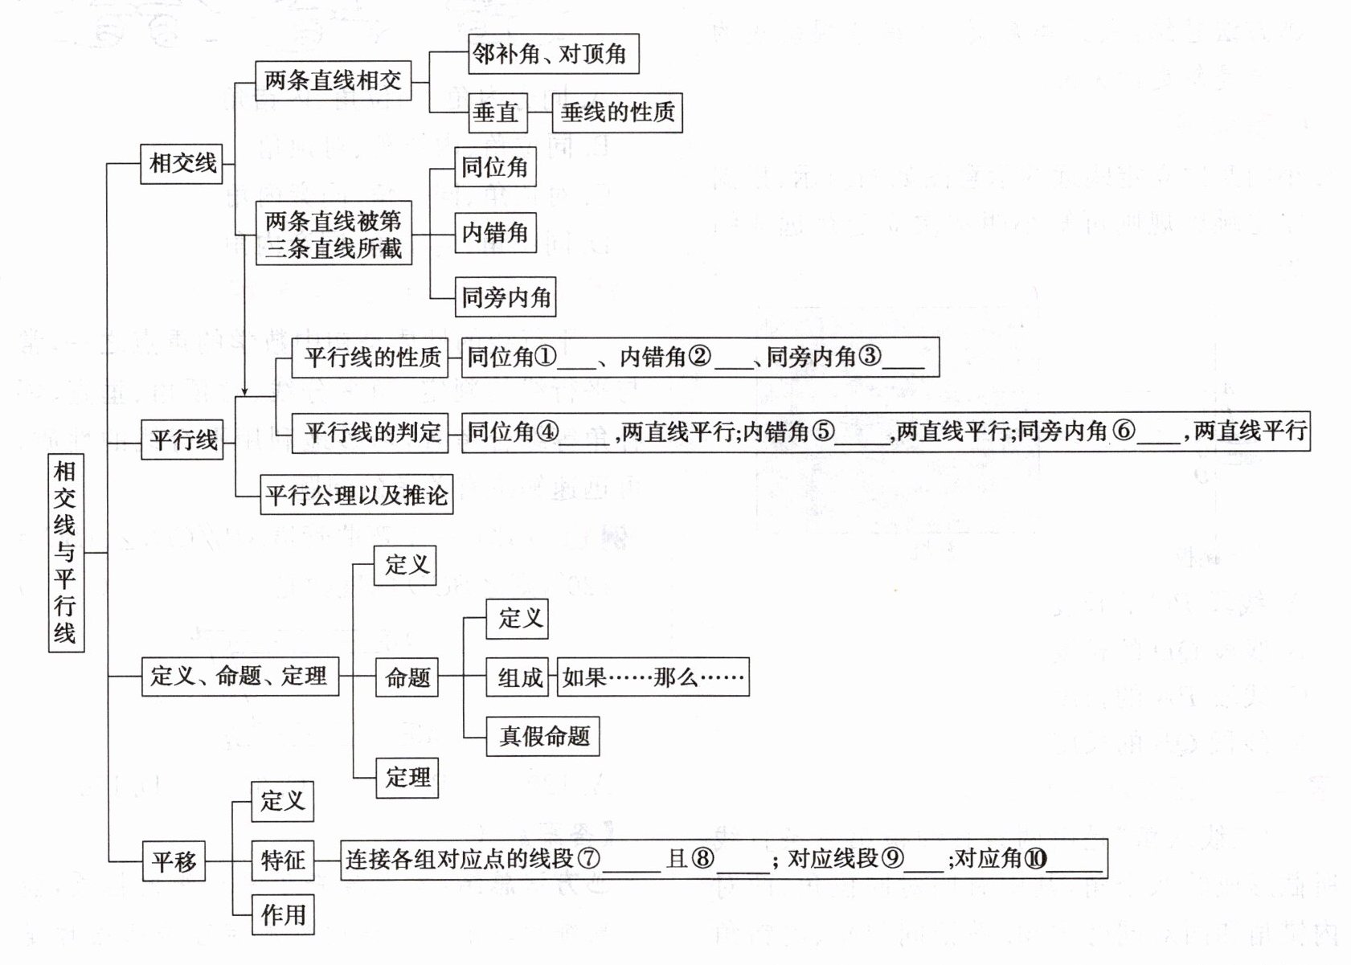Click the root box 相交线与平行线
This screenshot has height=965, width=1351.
(65, 553)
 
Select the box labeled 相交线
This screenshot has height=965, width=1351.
(182, 164)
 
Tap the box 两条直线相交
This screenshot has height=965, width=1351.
(333, 80)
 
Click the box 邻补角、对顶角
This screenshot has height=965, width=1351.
(553, 54)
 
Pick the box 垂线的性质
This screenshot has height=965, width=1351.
(617, 112)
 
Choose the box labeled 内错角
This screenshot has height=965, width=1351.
(495, 233)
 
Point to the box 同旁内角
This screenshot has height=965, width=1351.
(506, 298)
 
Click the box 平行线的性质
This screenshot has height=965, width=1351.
(372, 357)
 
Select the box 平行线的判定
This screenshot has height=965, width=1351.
(372, 433)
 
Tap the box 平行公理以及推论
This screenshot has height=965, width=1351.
(356, 495)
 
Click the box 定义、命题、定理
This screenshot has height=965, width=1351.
(239, 676)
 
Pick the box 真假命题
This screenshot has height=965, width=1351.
(543, 736)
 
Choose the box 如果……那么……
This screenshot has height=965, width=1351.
(653, 677)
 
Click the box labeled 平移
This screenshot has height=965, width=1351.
(174, 861)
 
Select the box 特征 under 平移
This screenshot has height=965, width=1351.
(283, 861)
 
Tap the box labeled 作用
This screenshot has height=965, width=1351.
(283, 914)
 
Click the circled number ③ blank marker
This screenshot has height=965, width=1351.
(870, 356)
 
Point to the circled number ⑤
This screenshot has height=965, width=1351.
(824, 432)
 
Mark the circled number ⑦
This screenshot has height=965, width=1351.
(589, 859)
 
